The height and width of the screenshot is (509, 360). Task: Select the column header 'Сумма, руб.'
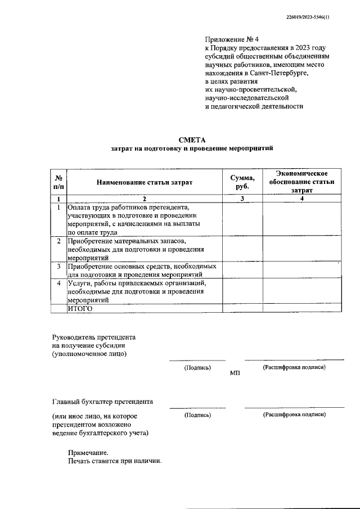[242, 182]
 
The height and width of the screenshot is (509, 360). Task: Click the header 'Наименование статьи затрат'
[144, 182]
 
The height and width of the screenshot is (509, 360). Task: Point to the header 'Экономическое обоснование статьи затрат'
[301, 182]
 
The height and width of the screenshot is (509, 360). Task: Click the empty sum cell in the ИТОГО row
[242, 308]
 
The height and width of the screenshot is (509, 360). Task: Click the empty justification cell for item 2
[301, 249]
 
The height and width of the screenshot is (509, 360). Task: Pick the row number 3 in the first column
[58, 266]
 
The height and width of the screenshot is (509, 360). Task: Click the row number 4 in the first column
[58, 283]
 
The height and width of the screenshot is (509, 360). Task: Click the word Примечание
[87, 452]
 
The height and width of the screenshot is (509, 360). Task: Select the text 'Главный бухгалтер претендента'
[102, 402]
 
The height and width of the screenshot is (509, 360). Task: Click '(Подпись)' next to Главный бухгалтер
[197, 415]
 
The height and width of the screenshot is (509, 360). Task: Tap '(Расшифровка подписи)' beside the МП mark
[294, 367]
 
